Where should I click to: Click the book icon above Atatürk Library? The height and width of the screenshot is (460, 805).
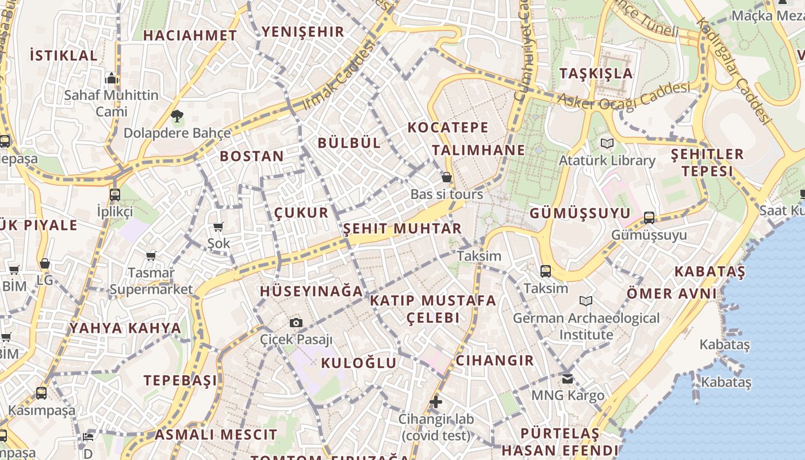607,143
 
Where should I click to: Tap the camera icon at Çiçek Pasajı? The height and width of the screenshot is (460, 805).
296,323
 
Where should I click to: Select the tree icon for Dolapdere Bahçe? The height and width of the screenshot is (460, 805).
177,116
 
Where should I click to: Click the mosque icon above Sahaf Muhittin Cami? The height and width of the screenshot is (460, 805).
112,78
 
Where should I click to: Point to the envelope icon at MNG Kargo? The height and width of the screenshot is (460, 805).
568,378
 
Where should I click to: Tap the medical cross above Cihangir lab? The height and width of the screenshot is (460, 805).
436,402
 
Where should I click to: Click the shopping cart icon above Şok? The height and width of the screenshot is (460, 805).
218,227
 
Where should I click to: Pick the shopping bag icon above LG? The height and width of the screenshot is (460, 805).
45,263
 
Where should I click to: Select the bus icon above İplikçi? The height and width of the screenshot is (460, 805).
115,194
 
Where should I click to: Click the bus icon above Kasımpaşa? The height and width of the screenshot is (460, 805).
41,394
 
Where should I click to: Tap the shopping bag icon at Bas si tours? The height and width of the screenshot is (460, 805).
446,177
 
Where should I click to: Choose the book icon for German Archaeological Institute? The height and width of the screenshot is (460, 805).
586,301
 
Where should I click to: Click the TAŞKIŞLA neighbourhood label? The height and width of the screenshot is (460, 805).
596,73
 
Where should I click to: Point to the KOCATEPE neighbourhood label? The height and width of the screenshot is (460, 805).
448,127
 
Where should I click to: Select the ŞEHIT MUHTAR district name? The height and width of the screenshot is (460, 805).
402,228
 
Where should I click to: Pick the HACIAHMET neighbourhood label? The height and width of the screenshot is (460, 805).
190,35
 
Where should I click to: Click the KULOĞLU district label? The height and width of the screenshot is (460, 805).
359,363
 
